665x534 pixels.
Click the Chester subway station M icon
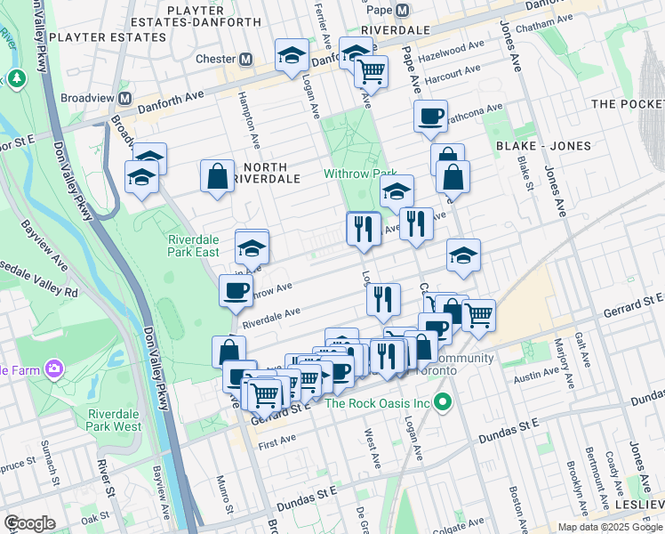pyautogui.click(x=246, y=60)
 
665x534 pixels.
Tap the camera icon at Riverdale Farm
pyautogui.click(x=55, y=368)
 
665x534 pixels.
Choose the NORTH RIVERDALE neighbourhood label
pyautogui.click(x=259, y=173)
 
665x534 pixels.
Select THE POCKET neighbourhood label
pyautogui.click(x=627, y=104)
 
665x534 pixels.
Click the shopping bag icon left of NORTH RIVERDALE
pyautogui.click(x=217, y=176)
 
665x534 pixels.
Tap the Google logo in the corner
pyautogui.click(x=29, y=523)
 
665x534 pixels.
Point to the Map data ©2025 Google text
pyautogui.click(x=610, y=527)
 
